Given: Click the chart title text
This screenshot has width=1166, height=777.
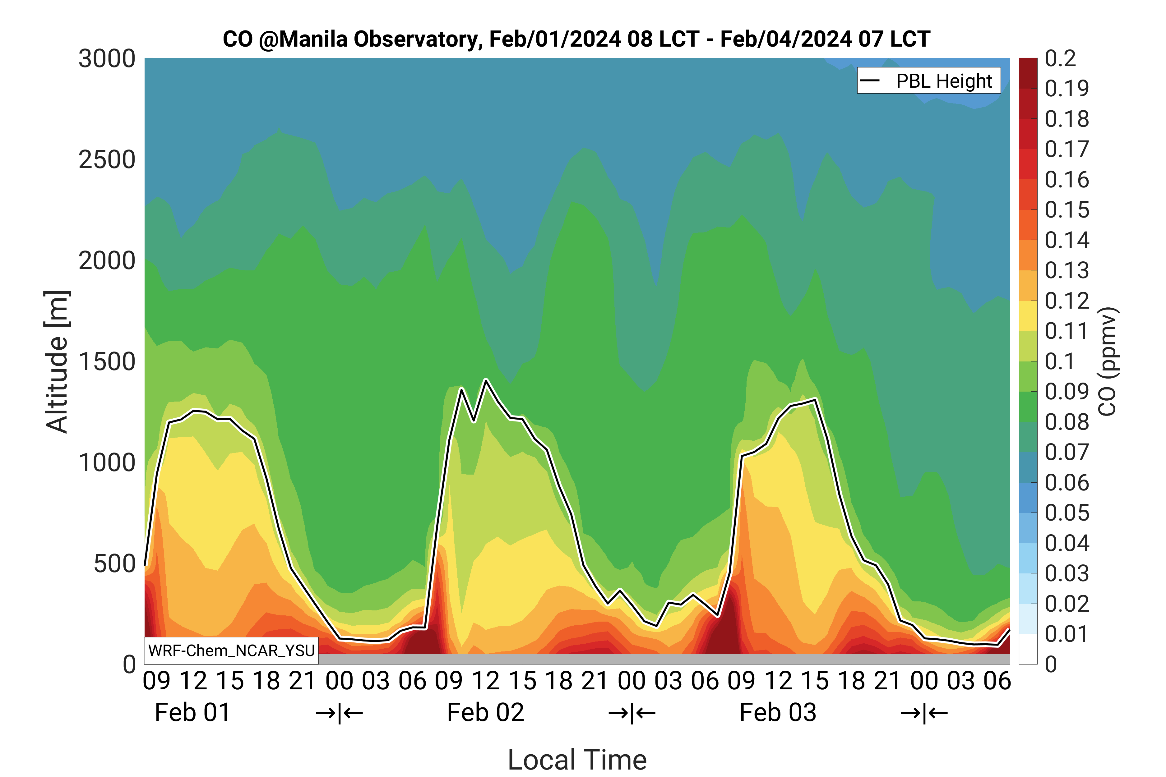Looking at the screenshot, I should pos(576,39).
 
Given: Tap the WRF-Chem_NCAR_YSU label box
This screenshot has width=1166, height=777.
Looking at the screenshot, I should pos(231,650).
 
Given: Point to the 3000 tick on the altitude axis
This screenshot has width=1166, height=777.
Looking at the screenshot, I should pos(107,59).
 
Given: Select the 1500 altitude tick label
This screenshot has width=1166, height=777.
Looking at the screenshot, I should pos(107,362).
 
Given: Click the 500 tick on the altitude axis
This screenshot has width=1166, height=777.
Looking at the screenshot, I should pos(114,563).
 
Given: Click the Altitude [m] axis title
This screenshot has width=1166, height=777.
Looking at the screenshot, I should pos(57,362).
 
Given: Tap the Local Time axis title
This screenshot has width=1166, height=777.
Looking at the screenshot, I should pos(577,760).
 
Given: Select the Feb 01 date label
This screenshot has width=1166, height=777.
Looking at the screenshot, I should pos(192,713).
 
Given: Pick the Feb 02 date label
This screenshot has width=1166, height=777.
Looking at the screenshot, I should pos(485,713).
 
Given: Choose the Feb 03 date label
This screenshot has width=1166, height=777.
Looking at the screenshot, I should pos(778,713).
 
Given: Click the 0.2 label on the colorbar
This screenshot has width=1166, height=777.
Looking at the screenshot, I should pos(1060,59).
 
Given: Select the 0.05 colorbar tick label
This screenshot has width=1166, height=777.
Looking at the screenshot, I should pos(1067,513).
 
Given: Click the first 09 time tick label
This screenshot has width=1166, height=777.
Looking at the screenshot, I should pos(157,681).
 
